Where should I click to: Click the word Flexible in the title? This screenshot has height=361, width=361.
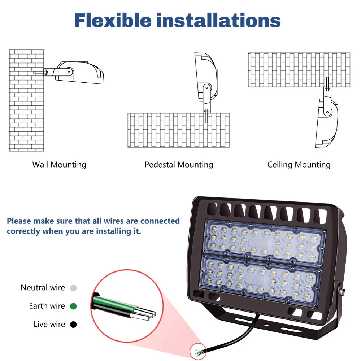(113, 21)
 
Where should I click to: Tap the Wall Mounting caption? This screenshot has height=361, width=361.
(59, 165)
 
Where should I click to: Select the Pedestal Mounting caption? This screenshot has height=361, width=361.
(179, 165)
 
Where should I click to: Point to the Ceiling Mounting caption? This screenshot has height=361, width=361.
(299, 165)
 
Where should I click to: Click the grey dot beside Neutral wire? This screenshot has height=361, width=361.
(73, 288)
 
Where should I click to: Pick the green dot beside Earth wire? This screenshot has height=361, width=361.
(73, 306)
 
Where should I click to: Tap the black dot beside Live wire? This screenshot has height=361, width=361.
(73, 325)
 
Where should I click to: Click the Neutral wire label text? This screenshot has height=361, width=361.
(43, 288)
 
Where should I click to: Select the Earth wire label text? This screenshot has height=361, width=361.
(47, 306)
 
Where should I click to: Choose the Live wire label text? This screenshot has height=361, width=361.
(49, 324)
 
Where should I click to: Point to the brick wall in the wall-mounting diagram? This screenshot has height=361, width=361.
(26, 100)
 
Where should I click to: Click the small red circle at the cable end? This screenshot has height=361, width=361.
(198, 351)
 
